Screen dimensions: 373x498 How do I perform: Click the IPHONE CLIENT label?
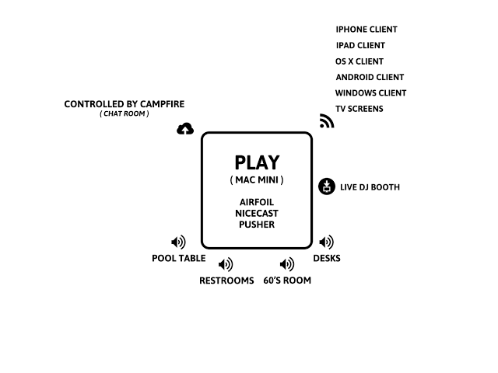[x=366, y=30]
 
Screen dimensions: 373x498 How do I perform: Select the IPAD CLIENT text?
[x=360, y=46]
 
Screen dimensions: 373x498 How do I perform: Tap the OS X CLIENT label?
[x=359, y=61]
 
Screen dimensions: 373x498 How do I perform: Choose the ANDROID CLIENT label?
[x=370, y=78]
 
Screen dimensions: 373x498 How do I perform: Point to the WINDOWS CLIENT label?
[x=370, y=93]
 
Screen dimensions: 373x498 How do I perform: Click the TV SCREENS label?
[x=359, y=109]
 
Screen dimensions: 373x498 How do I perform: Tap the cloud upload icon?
[x=185, y=129]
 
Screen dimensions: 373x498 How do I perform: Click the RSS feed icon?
[x=327, y=121]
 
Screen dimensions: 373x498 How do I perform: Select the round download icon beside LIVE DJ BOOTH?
[x=327, y=186]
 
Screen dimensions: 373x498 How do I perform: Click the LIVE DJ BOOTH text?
[x=370, y=187]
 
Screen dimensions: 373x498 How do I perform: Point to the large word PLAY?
[x=257, y=163]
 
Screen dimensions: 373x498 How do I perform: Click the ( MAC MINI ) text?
[x=257, y=180]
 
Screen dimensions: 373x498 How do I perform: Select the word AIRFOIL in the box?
[x=257, y=202]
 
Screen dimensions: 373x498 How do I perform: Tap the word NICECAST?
[x=257, y=213]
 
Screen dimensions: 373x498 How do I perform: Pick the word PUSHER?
[x=257, y=225]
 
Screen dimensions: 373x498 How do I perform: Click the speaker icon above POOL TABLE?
[x=178, y=242]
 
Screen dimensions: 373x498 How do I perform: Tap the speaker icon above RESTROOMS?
[x=226, y=264]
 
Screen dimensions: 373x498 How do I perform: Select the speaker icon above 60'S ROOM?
[x=287, y=264]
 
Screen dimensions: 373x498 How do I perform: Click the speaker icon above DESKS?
[x=327, y=242]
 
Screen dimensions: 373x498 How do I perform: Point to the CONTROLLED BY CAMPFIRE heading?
[x=124, y=104]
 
